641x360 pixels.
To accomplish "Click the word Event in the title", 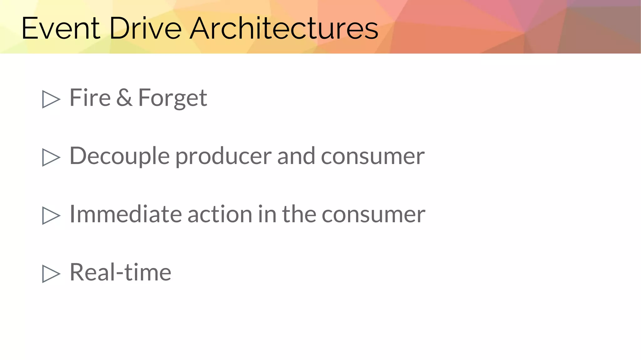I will click(61, 28).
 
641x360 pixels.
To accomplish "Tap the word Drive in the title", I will click(145, 28).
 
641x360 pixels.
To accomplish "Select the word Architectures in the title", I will click(284, 28).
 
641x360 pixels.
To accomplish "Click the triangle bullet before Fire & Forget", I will click(50, 99).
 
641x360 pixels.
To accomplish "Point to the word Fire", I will click(90, 98).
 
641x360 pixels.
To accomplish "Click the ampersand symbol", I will click(124, 98).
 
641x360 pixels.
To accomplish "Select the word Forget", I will click(172, 98).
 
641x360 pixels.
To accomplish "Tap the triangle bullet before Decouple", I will click(50, 157).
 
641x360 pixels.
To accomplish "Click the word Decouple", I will click(119, 156).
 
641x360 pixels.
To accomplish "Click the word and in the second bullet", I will click(296, 156).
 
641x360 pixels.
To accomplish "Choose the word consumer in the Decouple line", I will click(372, 156).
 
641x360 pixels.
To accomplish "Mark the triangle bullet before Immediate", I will click(50, 215).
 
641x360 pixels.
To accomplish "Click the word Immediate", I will click(125, 214).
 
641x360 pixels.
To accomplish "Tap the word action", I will click(220, 214).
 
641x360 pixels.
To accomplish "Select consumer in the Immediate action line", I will click(373, 214).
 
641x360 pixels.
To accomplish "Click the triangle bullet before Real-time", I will click(50, 274).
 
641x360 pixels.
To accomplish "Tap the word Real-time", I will click(120, 272).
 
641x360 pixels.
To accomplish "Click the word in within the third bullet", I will click(267, 214).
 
